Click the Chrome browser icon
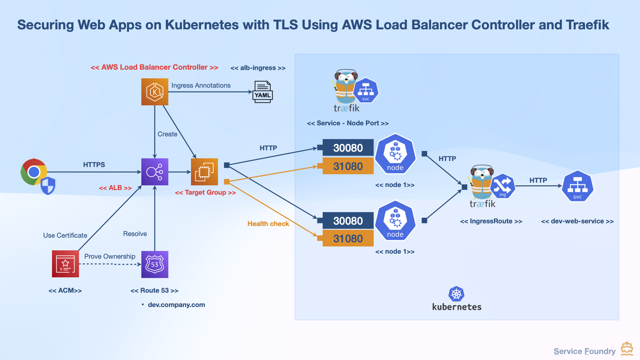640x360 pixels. click(x=34, y=172)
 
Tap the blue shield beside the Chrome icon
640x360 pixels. click(x=48, y=185)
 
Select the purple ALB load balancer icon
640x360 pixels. click(x=155, y=172)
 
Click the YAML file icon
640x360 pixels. click(x=263, y=92)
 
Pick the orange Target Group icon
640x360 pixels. click(x=204, y=172)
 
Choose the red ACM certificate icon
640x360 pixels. click(x=65, y=264)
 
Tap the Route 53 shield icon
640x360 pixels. click(x=155, y=264)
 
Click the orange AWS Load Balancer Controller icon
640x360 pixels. click(x=155, y=92)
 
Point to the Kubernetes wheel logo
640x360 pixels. click(x=456, y=294)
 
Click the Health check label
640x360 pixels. click(x=268, y=224)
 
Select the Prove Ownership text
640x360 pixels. click(x=110, y=256)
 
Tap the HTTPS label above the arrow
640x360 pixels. click(x=94, y=165)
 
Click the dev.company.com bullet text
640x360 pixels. click(x=176, y=305)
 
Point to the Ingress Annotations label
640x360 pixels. click(x=201, y=85)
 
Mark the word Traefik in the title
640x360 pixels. click(x=587, y=25)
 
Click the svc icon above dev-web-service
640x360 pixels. click(x=577, y=186)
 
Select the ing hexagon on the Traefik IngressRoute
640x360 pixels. click(x=502, y=186)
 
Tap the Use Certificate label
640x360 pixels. click(x=65, y=235)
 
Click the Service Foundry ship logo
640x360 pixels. click(x=627, y=349)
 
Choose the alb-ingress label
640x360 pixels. click(x=258, y=68)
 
